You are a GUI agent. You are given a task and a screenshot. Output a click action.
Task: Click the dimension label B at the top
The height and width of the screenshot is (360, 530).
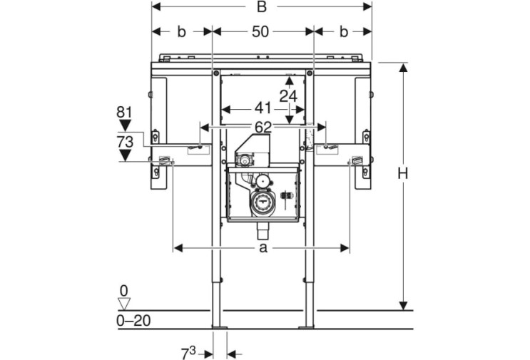point(262,6)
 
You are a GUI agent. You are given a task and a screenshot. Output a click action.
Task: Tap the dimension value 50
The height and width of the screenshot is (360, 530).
point(260,32)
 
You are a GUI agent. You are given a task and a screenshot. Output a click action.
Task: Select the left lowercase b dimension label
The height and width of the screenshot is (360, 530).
point(181,32)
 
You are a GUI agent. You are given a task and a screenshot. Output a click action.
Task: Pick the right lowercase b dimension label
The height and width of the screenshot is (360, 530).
point(343,32)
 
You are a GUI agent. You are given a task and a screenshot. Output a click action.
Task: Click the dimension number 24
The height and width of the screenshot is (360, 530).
point(288,96)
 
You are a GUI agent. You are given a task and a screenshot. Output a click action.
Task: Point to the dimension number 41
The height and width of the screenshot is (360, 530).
point(263,108)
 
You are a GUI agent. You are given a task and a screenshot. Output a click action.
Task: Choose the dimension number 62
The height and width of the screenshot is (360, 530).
point(263,128)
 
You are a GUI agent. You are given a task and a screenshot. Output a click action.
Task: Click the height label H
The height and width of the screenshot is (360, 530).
point(402,173)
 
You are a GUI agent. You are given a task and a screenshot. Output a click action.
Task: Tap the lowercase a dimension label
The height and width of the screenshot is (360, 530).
point(263,248)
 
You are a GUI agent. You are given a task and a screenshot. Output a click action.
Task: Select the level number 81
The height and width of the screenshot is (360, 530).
point(124,112)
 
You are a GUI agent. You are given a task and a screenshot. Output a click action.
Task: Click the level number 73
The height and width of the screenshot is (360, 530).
point(125,142)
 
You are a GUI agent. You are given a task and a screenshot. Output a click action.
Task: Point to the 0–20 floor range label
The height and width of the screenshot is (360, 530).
point(133,321)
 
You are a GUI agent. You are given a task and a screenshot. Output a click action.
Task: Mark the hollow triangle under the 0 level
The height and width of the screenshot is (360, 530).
point(124,303)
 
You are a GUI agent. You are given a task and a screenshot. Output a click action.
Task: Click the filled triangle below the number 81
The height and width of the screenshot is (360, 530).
point(125,125)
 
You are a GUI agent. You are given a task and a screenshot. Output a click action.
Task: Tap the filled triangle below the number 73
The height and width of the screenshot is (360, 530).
point(125,155)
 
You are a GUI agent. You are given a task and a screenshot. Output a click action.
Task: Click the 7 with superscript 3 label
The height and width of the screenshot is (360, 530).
point(188,354)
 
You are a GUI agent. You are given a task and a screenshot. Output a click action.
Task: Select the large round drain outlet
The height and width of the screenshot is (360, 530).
point(261,204)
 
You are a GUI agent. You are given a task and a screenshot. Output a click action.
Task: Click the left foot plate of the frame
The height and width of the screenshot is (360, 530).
point(220,327)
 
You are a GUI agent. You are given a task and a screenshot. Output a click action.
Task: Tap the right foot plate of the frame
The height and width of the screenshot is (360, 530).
point(306,327)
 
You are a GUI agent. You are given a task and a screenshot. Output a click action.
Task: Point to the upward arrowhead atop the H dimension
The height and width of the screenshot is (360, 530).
point(403,67)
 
